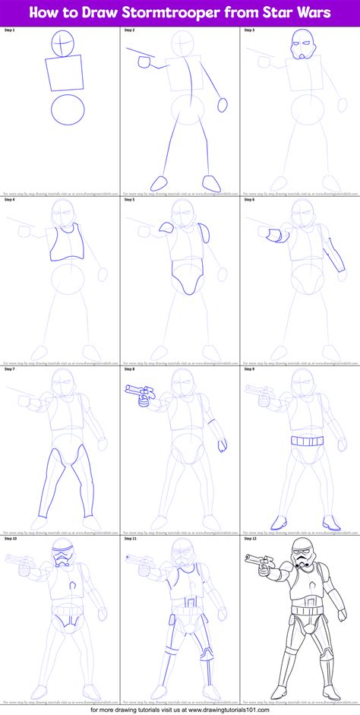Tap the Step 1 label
click(11, 30)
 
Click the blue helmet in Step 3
click(302, 47)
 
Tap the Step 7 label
click(11, 368)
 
